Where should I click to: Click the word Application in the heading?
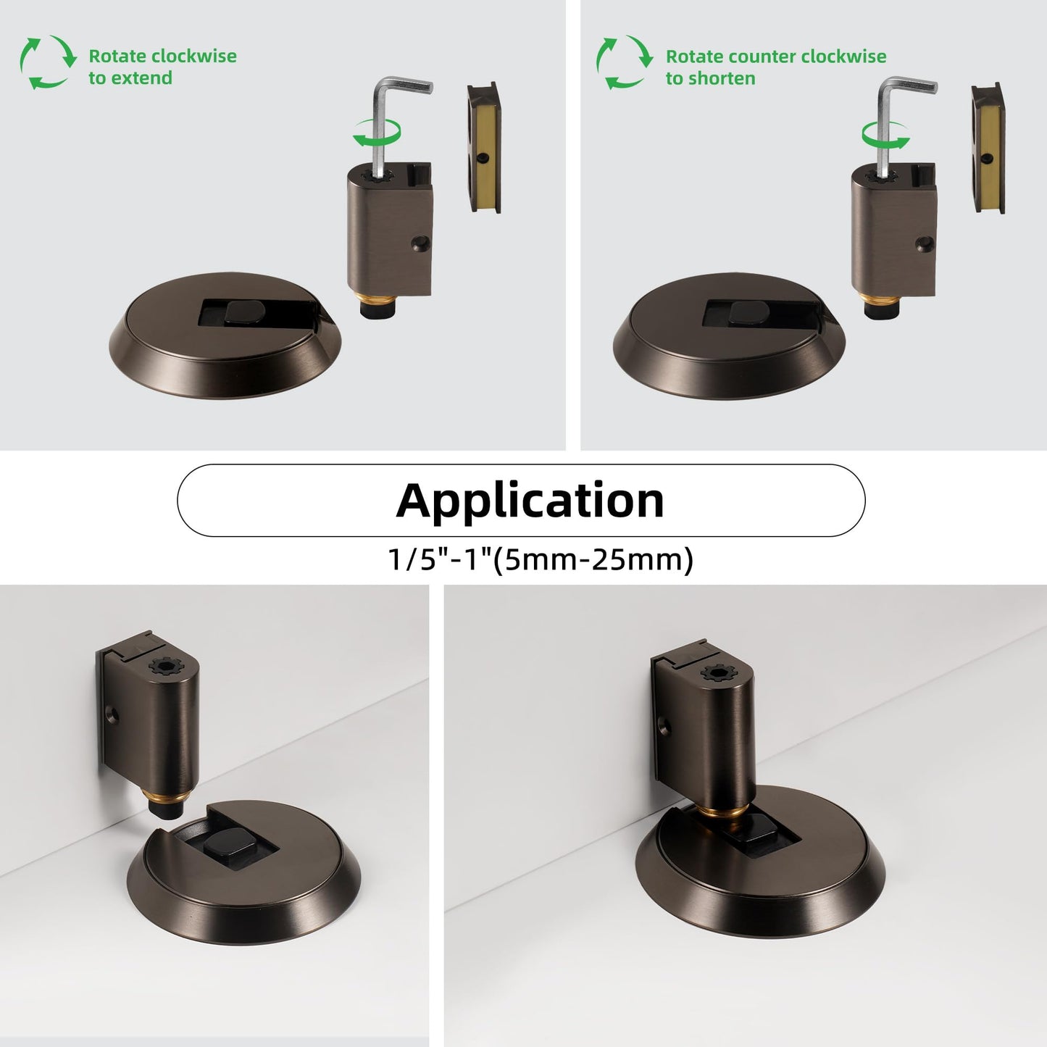coord(530,500)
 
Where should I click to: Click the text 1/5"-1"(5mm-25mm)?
coord(540,559)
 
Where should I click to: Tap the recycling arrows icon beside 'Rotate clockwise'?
coord(49,62)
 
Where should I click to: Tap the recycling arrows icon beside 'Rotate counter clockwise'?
coord(625,62)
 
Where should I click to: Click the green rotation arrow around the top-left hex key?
coord(377,133)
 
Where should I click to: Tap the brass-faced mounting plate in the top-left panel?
coord(483,147)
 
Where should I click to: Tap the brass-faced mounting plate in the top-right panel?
coord(988,147)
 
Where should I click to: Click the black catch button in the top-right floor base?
coord(748,314)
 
